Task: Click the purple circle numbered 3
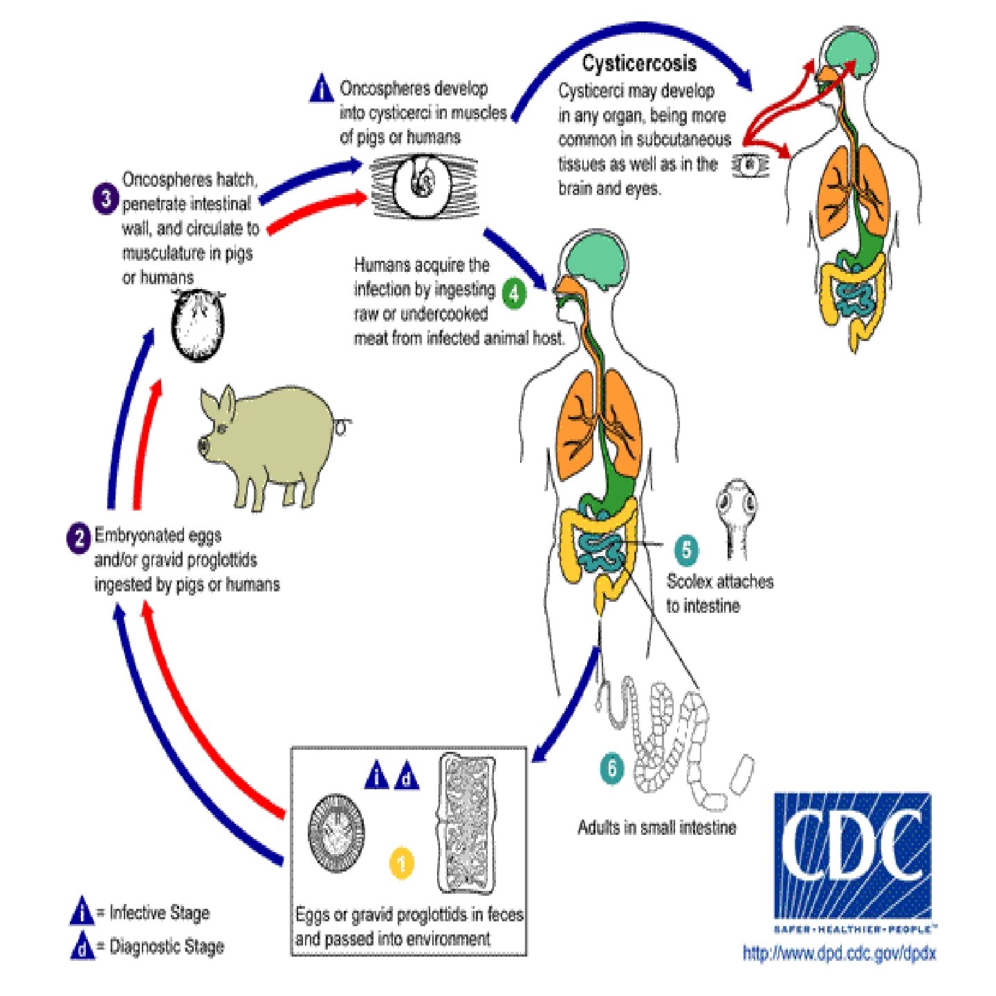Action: coord(105,200)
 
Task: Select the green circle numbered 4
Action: coord(513,293)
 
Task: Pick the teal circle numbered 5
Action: coord(686,550)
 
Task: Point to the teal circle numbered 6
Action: coord(611,768)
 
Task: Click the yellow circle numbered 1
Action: coord(402,863)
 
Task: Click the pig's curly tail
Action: coord(342,426)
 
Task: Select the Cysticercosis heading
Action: coord(638,64)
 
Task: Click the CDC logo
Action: coord(852,855)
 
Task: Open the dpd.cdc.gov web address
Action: coord(839,954)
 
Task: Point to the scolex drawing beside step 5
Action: coord(736,515)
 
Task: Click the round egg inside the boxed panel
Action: coord(336,833)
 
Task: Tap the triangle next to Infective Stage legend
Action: coord(82,912)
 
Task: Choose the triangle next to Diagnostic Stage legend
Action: coord(82,946)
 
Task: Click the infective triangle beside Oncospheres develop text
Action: coord(321,89)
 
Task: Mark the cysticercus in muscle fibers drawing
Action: coord(422,185)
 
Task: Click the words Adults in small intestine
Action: coord(656,827)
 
